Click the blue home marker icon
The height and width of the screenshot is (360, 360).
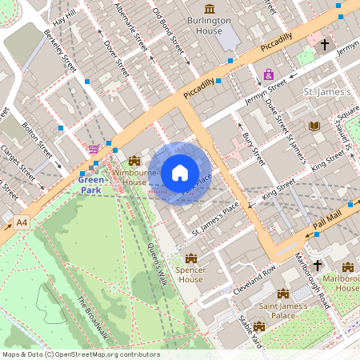pos(180,172)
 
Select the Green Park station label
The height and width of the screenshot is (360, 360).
pos(91,185)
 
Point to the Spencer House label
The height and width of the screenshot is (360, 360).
pos(191,275)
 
